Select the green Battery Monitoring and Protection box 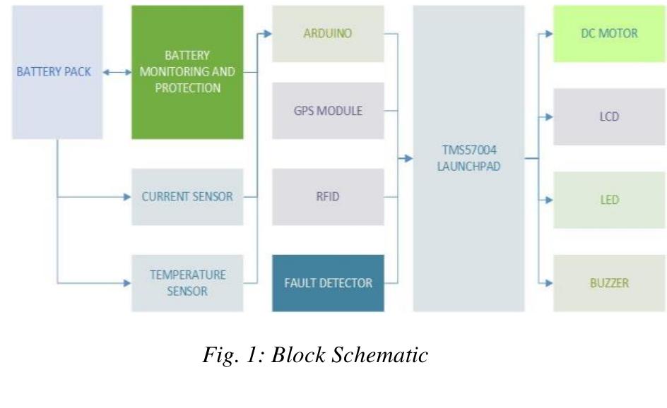[187, 72]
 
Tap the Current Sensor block [187, 197]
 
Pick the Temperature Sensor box [187, 282]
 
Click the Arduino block [328, 34]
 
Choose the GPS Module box [328, 111]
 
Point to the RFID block [328, 197]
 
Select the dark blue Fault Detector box [328, 283]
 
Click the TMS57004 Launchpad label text [468, 159]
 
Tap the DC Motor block [609, 34]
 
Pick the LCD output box [609, 116]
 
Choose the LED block [609, 200]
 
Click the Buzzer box [609, 283]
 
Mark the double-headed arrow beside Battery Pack [117, 72]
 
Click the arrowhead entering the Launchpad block [408, 159]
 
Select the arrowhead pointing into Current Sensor [127, 197]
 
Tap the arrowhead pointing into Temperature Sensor [127, 283]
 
